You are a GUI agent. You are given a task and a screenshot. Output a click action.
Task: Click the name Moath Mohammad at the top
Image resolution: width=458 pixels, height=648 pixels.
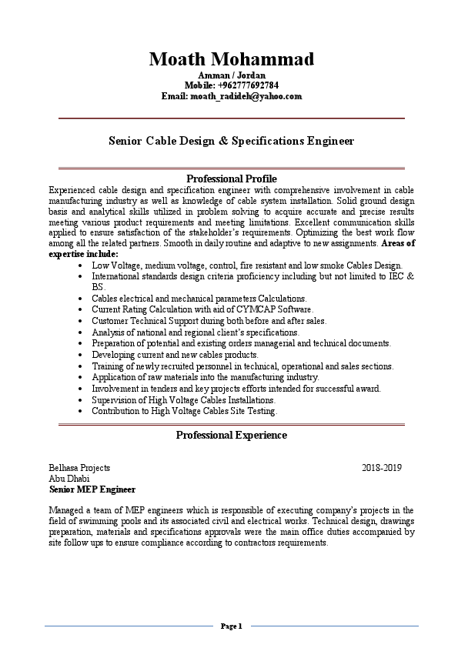pyautogui.click(x=231, y=59)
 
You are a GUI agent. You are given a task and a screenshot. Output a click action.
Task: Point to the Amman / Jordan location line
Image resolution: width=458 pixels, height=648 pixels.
pyautogui.click(x=231, y=75)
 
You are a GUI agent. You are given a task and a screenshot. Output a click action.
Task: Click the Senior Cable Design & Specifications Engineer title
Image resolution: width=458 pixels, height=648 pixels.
pyautogui.click(x=231, y=142)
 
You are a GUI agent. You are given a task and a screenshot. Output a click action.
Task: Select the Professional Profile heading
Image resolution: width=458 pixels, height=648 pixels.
pyautogui.click(x=231, y=179)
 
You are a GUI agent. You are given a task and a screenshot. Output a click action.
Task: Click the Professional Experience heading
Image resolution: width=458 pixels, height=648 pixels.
pyautogui.click(x=231, y=436)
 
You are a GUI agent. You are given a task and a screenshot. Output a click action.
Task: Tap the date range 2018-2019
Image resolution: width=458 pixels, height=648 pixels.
pyautogui.click(x=382, y=467)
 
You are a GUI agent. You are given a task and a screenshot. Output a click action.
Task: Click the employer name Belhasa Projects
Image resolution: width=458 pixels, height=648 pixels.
pyautogui.click(x=79, y=467)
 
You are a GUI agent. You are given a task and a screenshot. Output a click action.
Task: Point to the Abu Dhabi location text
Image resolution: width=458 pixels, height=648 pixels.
pyautogui.click(x=69, y=478)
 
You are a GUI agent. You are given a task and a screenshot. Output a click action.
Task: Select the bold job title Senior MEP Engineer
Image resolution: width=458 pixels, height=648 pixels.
pyautogui.click(x=92, y=489)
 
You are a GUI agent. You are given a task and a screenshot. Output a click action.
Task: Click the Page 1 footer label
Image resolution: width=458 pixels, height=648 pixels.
pyautogui.click(x=231, y=626)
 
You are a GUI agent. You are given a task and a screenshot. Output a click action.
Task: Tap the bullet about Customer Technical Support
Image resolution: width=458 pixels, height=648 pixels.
pyautogui.click(x=209, y=321)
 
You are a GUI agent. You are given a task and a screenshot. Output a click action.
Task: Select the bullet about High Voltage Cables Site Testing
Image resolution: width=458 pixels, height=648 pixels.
pyautogui.click(x=184, y=412)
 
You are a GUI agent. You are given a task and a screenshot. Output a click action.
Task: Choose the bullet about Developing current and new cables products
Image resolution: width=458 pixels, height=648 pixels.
pyautogui.click(x=186, y=355)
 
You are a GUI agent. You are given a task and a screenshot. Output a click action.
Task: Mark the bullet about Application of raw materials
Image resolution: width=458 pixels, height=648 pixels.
pyautogui.click(x=205, y=378)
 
